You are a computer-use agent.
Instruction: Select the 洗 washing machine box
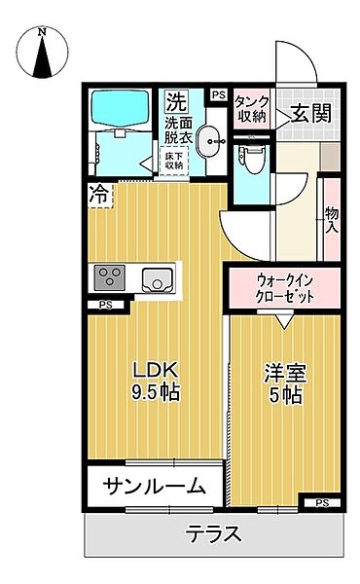[x=175, y=100]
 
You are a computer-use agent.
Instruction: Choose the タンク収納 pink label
[x=251, y=109]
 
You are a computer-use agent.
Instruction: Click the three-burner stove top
[x=109, y=278]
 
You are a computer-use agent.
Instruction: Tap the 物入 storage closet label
[x=331, y=221]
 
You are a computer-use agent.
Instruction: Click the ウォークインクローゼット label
[x=284, y=289]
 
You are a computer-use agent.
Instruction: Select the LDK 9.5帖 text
[x=155, y=382]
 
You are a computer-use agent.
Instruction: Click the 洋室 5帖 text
[x=283, y=383]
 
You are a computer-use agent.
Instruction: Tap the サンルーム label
[x=155, y=486]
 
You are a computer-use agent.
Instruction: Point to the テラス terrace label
[x=214, y=534]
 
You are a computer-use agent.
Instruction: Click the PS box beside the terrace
[x=321, y=502]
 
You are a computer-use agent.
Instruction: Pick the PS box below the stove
[x=105, y=306]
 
